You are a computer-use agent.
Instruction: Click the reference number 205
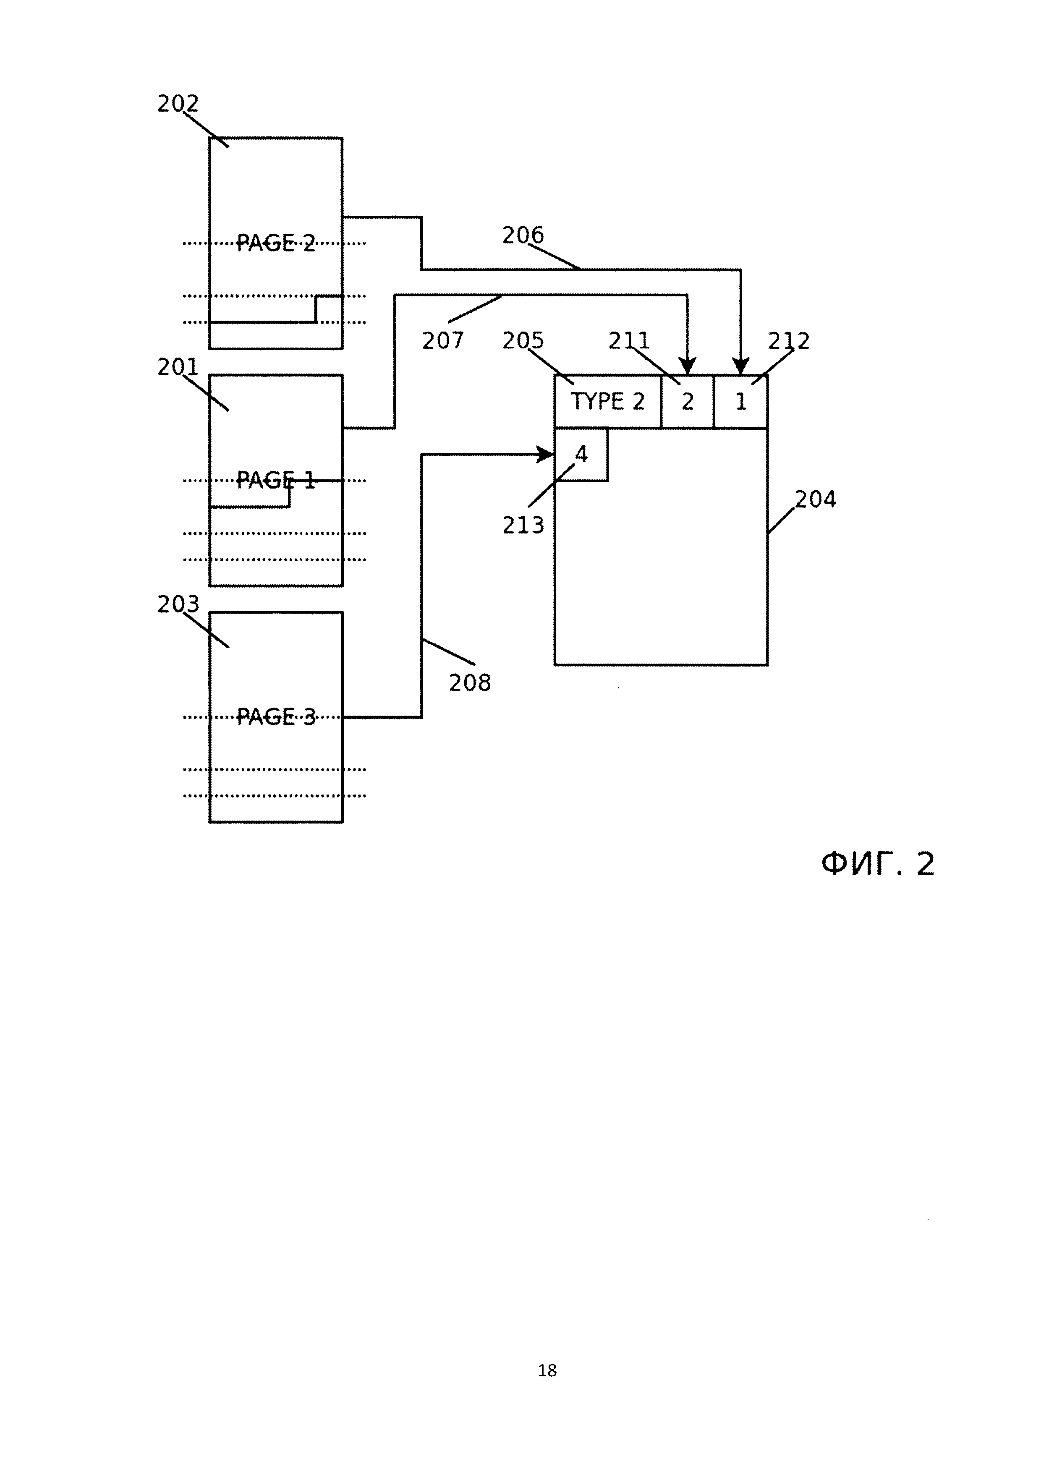tap(523, 340)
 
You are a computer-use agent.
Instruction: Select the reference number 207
tap(442, 340)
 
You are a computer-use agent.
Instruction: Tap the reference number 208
tap(469, 683)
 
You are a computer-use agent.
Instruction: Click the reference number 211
tap(629, 340)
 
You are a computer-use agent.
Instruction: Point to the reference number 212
tap(788, 340)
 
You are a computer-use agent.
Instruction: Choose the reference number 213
tap(523, 525)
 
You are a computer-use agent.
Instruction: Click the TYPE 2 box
tap(607, 401)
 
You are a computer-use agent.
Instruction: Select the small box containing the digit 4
tap(581, 455)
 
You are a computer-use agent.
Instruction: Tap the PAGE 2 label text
tap(276, 243)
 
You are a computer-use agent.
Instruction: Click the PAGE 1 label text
tap(276, 480)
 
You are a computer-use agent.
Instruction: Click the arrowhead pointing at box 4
tap(546, 455)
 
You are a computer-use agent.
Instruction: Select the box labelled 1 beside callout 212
tap(740, 401)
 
